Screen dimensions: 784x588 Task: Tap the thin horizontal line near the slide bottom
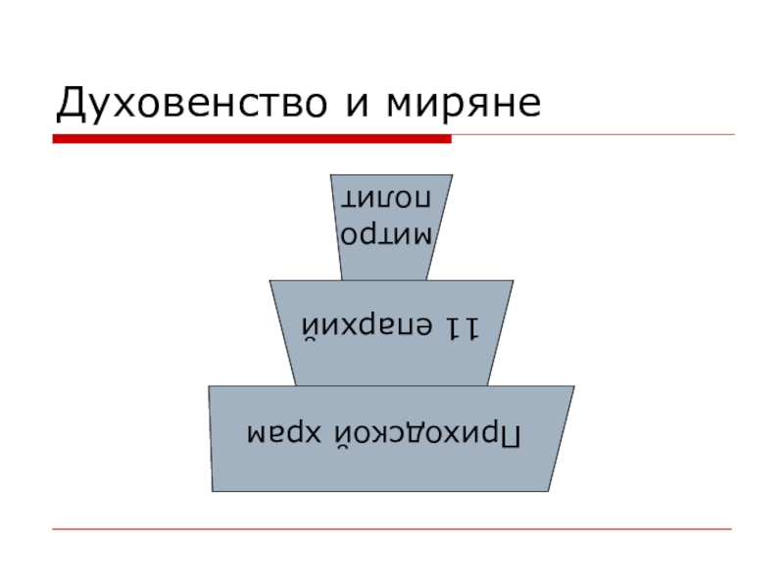(x=392, y=529)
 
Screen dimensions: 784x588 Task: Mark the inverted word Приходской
(x=433, y=434)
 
